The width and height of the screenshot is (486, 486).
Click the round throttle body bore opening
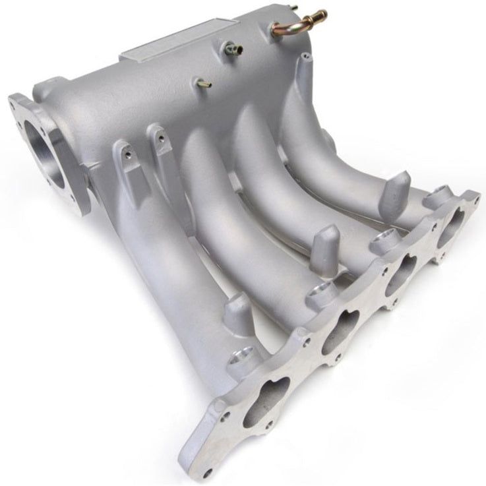pyautogui.click(x=50, y=152)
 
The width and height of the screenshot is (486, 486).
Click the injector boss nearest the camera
pyautogui.click(x=241, y=360)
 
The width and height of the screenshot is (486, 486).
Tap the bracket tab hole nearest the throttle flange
pyautogui.click(x=126, y=156)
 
